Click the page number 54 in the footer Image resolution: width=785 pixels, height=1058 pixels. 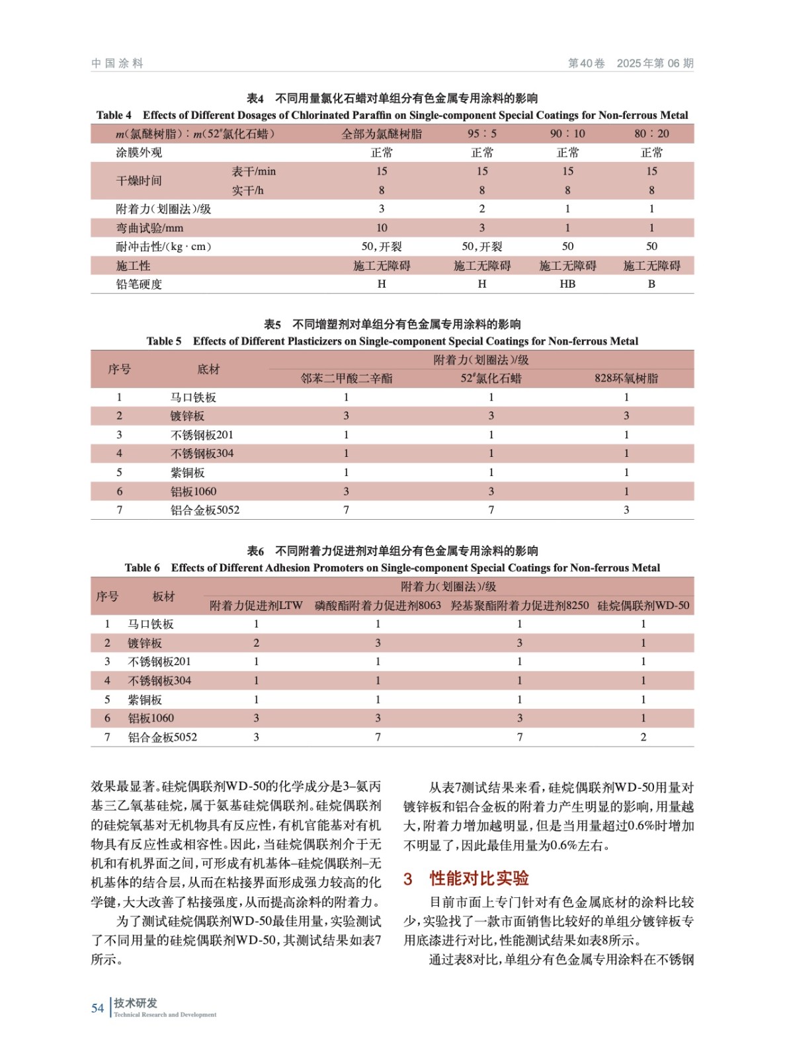pyautogui.click(x=97, y=1008)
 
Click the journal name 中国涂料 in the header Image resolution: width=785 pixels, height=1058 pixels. pyautogui.click(x=117, y=63)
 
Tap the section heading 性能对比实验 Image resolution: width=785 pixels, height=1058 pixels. pyautogui.click(x=479, y=878)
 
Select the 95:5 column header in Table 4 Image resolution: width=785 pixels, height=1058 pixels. pyautogui.click(x=481, y=134)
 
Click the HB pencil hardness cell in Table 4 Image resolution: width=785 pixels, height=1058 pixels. pyautogui.click(x=567, y=284)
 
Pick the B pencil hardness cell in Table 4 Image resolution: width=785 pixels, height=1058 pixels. pyautogui.click(x=651, y=284)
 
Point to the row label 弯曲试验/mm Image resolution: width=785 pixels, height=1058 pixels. pyautogui.click(x=149, y=228)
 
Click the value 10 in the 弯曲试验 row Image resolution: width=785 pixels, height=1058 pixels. pyautogui.click(x=382, y=228)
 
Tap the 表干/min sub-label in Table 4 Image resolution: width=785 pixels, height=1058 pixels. pyautogui.click(x=253, y=171)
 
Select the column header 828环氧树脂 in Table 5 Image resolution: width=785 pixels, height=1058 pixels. pyautogui.click(x=626, y=378)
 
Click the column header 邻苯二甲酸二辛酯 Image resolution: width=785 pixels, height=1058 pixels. pyautogui.click(x=346, y=378)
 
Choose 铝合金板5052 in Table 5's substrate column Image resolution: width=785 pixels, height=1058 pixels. pyautogui.click(x=205, y=510)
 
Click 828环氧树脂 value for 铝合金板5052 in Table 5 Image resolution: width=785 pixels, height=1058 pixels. pyautogui.click(x=626, y=510)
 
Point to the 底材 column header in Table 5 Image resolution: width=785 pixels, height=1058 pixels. pyautogui.click(x=208, y=369)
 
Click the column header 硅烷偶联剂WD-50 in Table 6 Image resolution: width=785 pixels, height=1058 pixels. pyautogui.click(x=643, y=605)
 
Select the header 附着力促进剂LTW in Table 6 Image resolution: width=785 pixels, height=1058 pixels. pyautogui.click(x=256, y=605)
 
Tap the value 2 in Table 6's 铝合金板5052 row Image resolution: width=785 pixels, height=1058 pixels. pyautogui.click(x=643, y=737)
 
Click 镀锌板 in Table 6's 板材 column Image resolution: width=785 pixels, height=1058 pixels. pyautogui.click(x=145, y=643)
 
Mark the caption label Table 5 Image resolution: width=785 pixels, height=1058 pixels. pyautogui.click(x=164, y=341)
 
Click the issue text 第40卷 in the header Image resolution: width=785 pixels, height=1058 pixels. pyautogui.click(x=586, y=63)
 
